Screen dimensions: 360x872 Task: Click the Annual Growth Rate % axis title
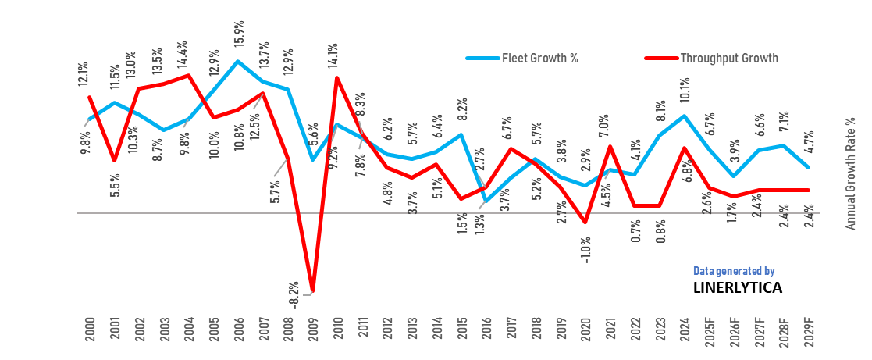point(852,173)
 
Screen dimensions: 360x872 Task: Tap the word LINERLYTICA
point(737,287)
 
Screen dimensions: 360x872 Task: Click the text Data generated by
point(734,271)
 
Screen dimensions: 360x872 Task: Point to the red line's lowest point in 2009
point(311,293)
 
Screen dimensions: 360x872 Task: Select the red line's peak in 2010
point(336,77)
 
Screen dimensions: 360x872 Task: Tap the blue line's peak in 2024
point(685,116)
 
